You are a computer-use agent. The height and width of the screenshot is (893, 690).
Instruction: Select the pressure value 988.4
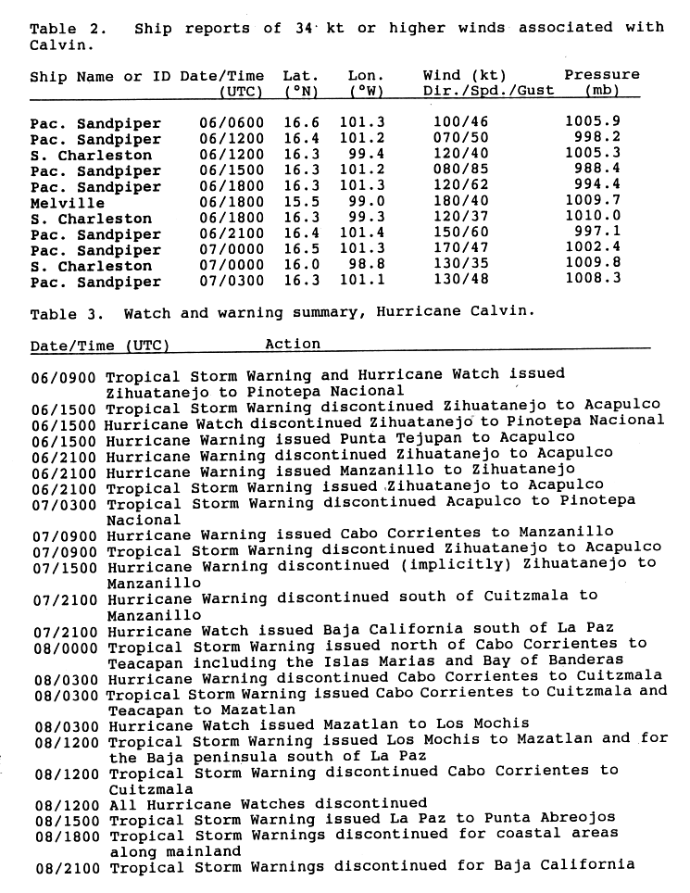coord(592,170)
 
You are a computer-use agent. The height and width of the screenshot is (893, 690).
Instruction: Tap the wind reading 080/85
coord(461,170)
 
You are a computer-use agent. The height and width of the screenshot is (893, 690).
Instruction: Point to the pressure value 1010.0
coord(592,219)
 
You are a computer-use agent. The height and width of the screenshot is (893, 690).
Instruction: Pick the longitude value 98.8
coord(367,266)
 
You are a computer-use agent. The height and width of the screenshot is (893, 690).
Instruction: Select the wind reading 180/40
coord(461,203)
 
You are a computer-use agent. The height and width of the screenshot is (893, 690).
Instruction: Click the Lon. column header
coord(367,75)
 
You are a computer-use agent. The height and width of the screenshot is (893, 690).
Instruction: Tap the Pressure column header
coord(602,75)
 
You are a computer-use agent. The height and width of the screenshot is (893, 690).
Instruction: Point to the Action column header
coord(293,344)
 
